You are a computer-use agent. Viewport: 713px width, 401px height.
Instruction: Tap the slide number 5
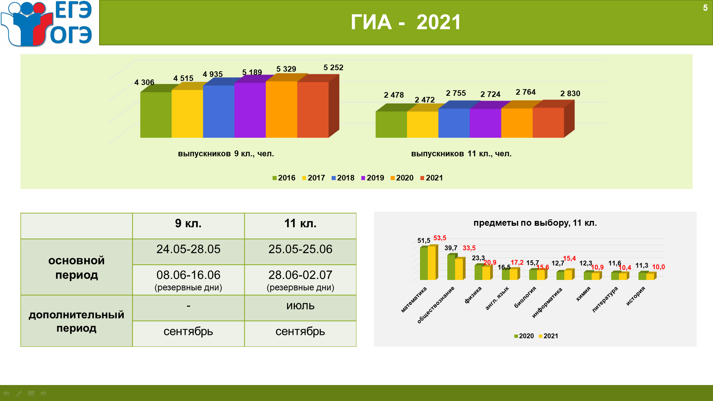pyautogui.click(x=705, y=8)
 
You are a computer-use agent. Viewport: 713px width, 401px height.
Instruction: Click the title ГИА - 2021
pyautogui.click(x=406, y=22)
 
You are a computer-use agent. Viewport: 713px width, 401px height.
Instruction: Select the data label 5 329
pyautogui.click(x=286, y=69)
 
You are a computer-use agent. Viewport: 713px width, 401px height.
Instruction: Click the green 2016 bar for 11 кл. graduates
pyautogui.click(x=391, y=124)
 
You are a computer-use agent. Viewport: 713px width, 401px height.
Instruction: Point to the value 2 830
pyautogui.click(x=570, y=94)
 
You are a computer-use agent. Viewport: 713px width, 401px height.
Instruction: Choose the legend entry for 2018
pyautogui.click(x=343, y=178)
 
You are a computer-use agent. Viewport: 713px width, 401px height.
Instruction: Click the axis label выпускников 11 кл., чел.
pyautogui.click(x=461, y=154)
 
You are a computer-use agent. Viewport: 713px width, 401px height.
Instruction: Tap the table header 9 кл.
pyautogui.click(x=188, y=224)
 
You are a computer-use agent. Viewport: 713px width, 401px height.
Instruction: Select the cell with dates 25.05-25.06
pyautogui.click(x=300, y=249)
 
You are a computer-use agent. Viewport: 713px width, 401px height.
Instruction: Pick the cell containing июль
pyautogui.click(x=300, y=306)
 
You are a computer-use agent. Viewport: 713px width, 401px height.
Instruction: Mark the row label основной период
pyautogui.click(x=76, y=267)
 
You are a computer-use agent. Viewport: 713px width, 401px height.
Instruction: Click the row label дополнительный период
pyautogui.click(x=76, y=321)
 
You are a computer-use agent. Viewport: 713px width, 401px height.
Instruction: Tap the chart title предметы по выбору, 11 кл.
pyautogui.click(x=535, y=223)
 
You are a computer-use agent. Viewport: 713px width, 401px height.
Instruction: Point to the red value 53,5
pyautogui.click(x=440, y=238)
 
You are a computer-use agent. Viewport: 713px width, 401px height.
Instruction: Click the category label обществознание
pyautogui.click(x=436, y=305)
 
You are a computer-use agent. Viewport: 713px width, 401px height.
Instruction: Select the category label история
pyautogui.click(x=635, y=296)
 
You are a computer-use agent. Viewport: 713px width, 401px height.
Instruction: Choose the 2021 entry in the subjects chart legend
pyautogui.click(x=548, y=336)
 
